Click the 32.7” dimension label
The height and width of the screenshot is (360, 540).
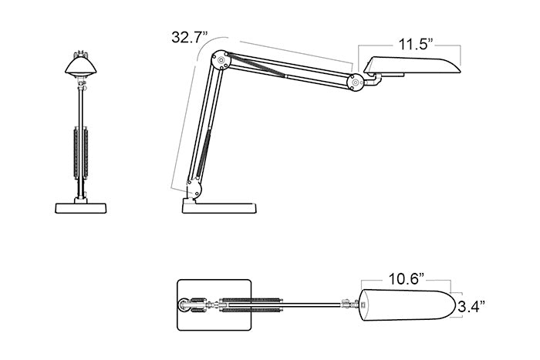tap(190, 37)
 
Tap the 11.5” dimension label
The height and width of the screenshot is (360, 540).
tap(415, 45)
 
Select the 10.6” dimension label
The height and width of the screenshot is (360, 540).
tap(406, 279)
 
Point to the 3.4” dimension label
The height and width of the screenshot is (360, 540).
tap(472, 306)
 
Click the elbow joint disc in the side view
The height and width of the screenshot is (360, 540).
tap(221, 60)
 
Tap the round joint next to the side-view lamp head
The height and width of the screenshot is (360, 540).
tap(356, 82)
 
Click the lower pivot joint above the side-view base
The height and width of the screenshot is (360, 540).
tap(194, 190)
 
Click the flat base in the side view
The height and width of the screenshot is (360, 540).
tap(219, 208)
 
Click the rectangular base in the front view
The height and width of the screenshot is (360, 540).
tap(81, 208)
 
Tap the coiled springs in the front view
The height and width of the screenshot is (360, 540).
tap(81, 153)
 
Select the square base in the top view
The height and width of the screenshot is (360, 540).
tap(214, 305)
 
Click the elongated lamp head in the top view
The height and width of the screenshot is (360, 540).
tap(408, 305)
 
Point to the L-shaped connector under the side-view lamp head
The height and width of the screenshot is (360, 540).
tap(373, 80)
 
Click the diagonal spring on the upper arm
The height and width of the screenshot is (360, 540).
tap(257, 65)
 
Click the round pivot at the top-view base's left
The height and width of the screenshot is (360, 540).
tap(184, 305)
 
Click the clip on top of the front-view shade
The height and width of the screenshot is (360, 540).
tap(81, 54)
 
